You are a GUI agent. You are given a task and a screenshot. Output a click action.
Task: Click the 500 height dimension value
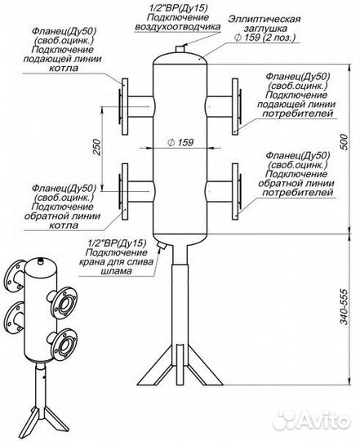coord(344,142)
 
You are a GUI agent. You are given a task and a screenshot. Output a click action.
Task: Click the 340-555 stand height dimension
coord(344,306)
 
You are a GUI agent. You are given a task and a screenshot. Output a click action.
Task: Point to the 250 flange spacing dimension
coord(96,147)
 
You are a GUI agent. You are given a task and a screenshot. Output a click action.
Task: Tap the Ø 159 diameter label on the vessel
coord(180,142)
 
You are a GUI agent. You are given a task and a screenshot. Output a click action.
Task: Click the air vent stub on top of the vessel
coord(180,49)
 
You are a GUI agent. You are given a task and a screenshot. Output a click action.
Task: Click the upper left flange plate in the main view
coord(125,106)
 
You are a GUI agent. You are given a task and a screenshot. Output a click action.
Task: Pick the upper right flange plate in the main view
coord(235,106)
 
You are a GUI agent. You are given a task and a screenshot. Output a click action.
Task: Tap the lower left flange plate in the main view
coord(125,191)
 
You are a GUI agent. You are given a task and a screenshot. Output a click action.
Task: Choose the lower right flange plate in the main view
coord(235,191)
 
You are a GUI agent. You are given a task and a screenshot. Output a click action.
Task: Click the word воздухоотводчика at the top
coord(178,27)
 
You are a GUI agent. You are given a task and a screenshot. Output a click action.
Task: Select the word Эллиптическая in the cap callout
coord(264,20)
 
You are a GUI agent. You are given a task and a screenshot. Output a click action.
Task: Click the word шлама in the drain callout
coord(116,271)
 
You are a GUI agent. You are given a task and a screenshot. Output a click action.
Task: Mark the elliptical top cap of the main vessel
coord(180,58)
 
